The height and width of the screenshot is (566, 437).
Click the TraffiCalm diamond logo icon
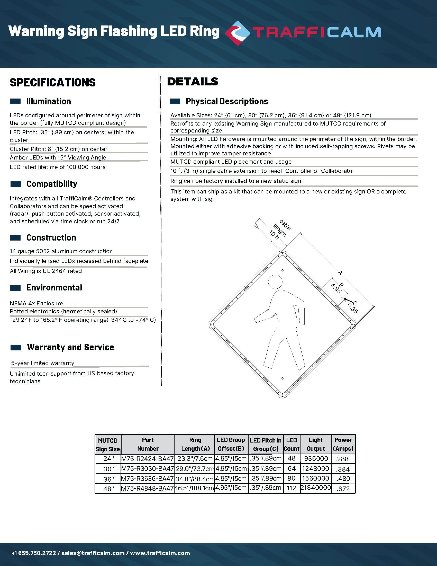click(x=238, y=33)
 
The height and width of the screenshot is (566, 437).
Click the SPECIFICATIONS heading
click(x=52, y=83)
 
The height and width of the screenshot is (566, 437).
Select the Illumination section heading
click(x=48, y=101)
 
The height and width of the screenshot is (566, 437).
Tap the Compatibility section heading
click(x=52, y=184)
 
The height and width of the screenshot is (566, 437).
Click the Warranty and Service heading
click(x=70, y=347)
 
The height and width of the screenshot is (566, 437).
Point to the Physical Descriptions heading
click(x=227, y=101)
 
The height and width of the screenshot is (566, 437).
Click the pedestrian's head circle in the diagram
click(x=275, y=282)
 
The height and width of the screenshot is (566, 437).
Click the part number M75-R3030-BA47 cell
click(x=147, y=468)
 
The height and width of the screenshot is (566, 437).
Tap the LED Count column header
click(x=292, y=444)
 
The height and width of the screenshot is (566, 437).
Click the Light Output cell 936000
click(x=316, y=458)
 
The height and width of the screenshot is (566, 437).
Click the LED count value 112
click(x=291, y=488)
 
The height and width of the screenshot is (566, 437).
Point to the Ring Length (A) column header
click(x=195, y=444)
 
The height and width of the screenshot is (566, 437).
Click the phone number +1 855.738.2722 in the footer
click(x=34, y=553)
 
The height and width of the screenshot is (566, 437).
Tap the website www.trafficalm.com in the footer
click(x=160, y=553)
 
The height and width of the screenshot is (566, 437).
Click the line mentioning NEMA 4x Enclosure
click(x=37, y=303)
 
